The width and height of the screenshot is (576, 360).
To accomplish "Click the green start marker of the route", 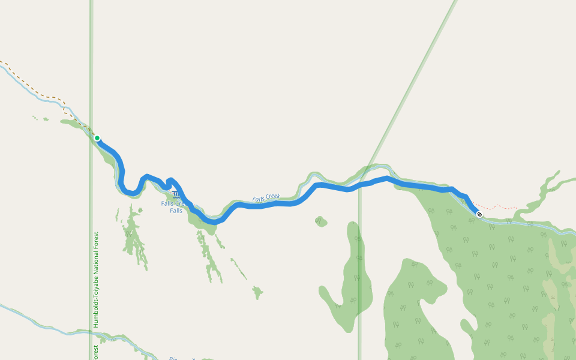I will tap(97, 138).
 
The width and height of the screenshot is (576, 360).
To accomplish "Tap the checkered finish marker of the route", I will tap(479, 214).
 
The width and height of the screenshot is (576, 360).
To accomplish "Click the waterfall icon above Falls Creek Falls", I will tap(175, 194).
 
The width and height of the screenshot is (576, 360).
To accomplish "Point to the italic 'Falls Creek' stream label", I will tap(266, 197).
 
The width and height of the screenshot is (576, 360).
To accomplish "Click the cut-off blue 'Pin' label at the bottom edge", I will tap(174, 358).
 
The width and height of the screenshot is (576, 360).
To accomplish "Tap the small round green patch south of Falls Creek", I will tap(321, 221).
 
